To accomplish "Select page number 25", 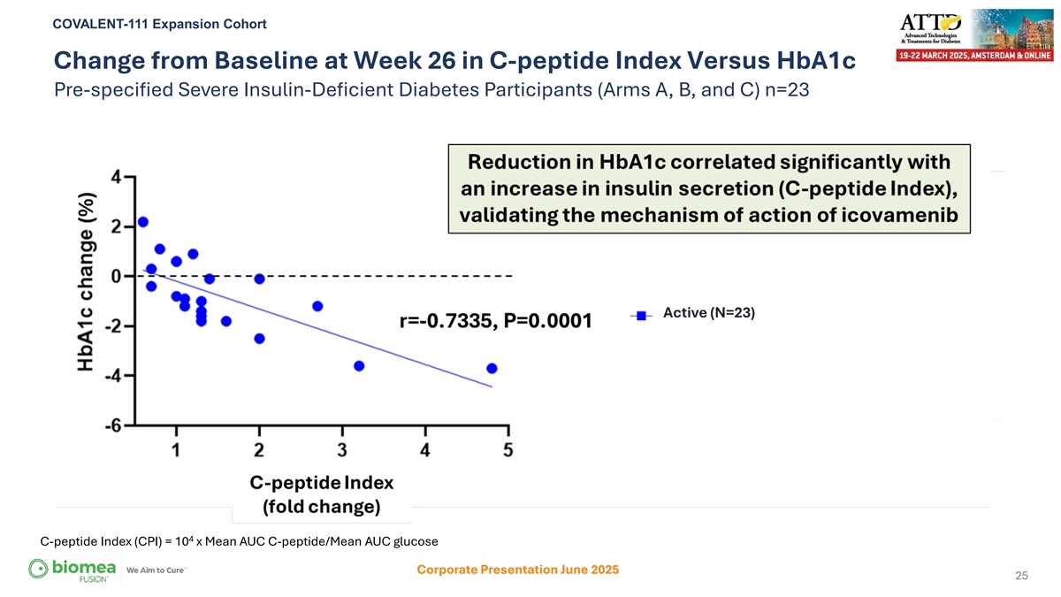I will (x=1021, y=577).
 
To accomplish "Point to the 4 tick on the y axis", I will (x=118, y=176).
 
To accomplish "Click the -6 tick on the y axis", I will (x=115, y=425).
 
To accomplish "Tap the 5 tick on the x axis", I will (x=508, y=451).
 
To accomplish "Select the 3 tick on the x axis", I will (x=342, y=451).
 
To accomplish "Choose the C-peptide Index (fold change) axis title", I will (x=321, y=495).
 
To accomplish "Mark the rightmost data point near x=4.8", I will (x=492, y=368).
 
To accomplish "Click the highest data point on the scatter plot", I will (x=143, y=221).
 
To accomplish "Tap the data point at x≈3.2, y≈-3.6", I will (x=359, y=365).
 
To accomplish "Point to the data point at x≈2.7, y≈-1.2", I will (x=317, y=306).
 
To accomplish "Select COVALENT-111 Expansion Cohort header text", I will (x=160, y=23).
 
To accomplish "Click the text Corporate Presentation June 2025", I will (x=517, y=570).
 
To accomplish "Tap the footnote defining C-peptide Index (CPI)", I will (x=240, y=540).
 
